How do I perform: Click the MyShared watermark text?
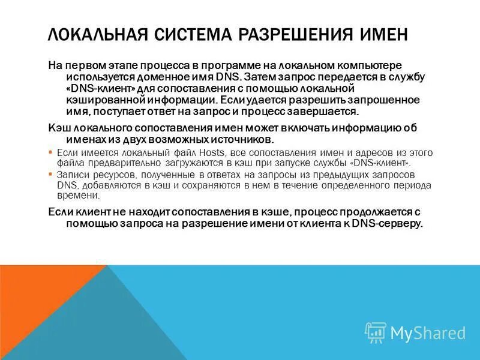[x=428, y=333]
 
